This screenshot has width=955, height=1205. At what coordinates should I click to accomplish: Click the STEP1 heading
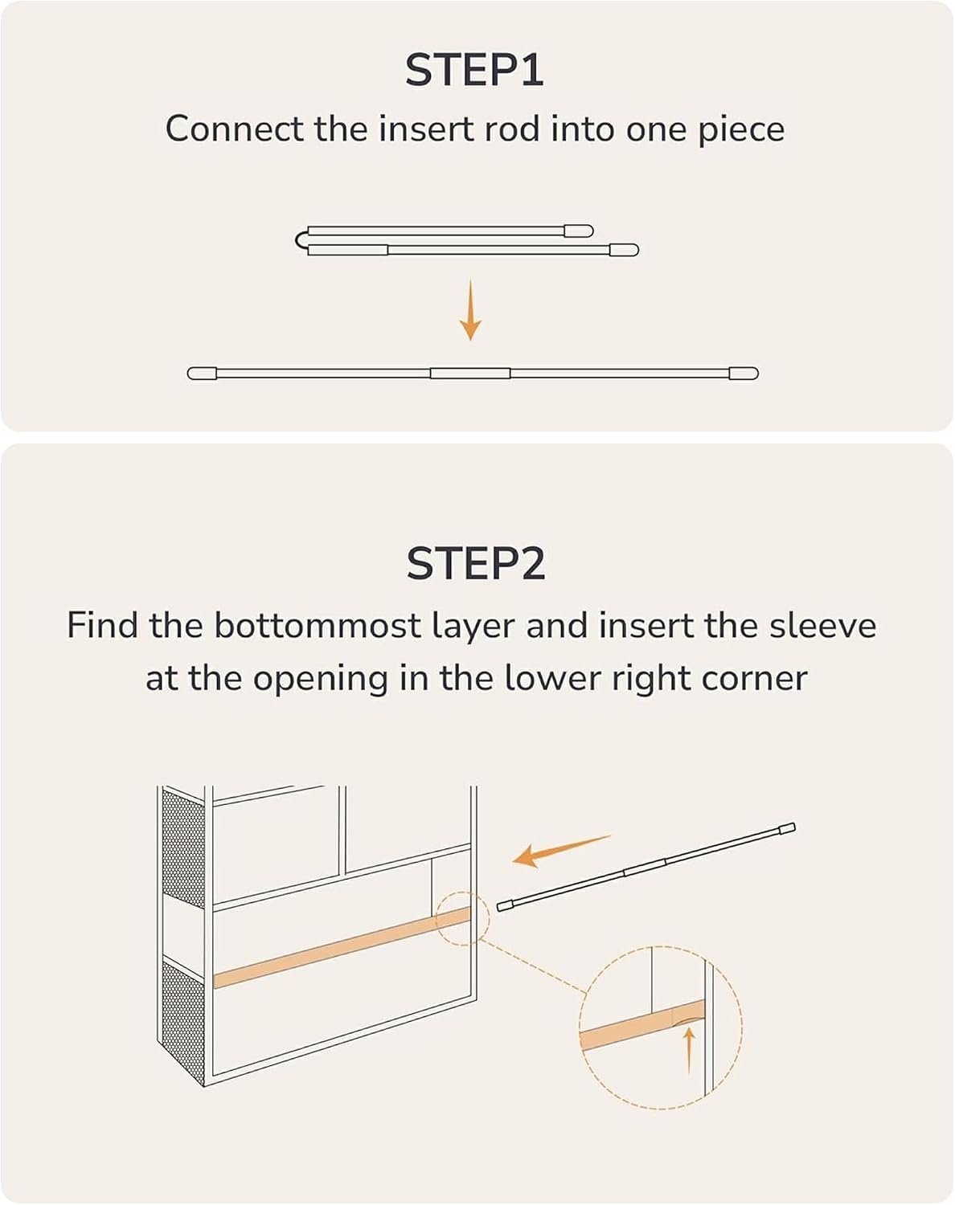pos(474,71)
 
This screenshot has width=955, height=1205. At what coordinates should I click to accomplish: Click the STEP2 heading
pos(476,564)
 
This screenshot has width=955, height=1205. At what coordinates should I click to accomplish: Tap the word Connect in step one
pos(235,129)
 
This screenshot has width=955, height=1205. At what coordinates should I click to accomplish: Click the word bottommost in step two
pos(318,625)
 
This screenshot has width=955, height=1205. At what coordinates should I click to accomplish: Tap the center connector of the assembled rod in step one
pos(470,374)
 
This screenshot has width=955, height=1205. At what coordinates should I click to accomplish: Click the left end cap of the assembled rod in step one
pos(202,374)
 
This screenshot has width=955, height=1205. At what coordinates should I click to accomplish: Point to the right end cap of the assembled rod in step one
pos(744,374)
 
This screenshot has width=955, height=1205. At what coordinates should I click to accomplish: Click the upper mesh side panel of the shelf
pos(183,849)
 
